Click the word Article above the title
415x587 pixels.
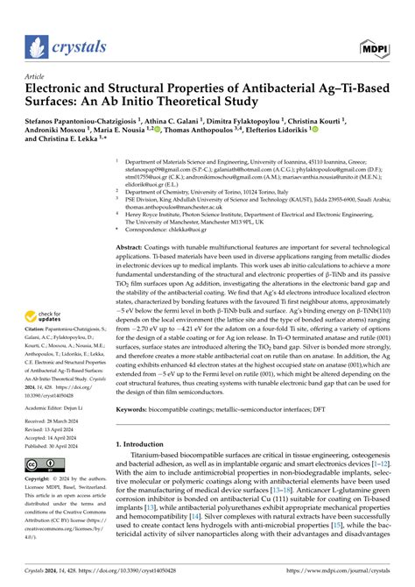click(35, 76)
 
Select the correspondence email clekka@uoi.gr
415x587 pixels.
click(206, 228)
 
